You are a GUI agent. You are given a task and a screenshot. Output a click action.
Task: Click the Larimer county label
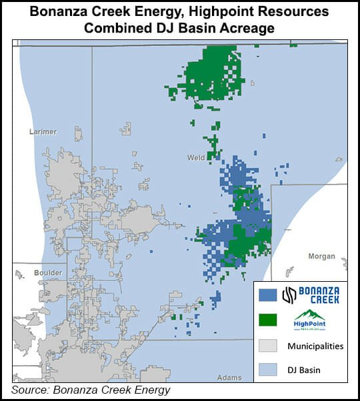tap(43, 132)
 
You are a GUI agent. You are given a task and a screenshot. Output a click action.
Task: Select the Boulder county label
tap(48, 273)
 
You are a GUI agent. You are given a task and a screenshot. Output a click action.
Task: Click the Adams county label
tap(229, 378)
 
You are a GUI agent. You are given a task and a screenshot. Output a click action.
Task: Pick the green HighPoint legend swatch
tap(267, 320)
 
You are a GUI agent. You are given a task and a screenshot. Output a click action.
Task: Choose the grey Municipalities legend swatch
tap(267, 346)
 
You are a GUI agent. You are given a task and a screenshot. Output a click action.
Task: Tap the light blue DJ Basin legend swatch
tap(267, 370)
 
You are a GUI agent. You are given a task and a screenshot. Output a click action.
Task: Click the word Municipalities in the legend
tap(315, 346)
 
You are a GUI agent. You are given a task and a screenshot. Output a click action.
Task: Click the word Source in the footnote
tap(31, 390)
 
